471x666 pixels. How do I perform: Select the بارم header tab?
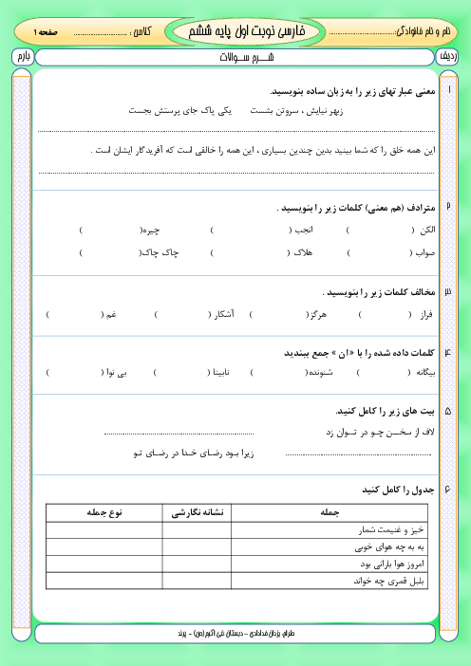click(x=22, y=58)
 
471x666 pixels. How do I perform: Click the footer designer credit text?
click(x=235, y=632)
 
